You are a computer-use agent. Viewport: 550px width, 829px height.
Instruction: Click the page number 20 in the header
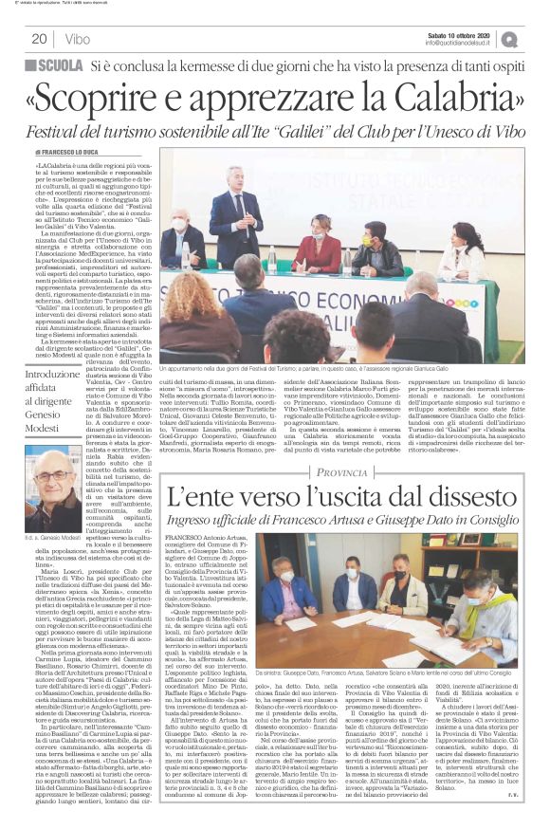coord(39,38)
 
